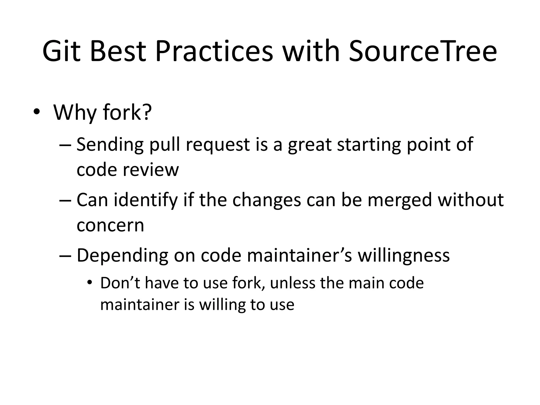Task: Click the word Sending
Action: (x=110, y=145)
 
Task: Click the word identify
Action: (x=146, y=200)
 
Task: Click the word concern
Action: (x=110, y=225)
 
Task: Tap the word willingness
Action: (x=403, y=255)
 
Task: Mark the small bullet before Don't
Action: (x=90, y=283)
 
